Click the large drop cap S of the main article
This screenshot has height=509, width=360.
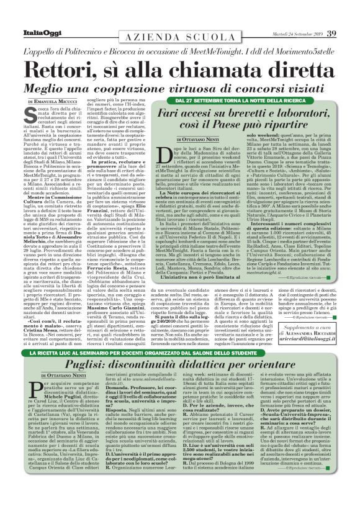coord(31,116)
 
